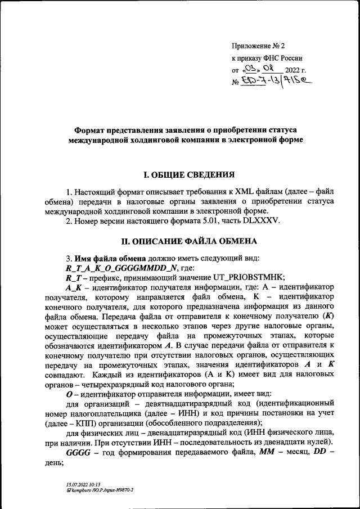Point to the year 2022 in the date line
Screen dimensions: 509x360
point(294,70)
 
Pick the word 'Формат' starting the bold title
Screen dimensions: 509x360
point(93,130)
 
